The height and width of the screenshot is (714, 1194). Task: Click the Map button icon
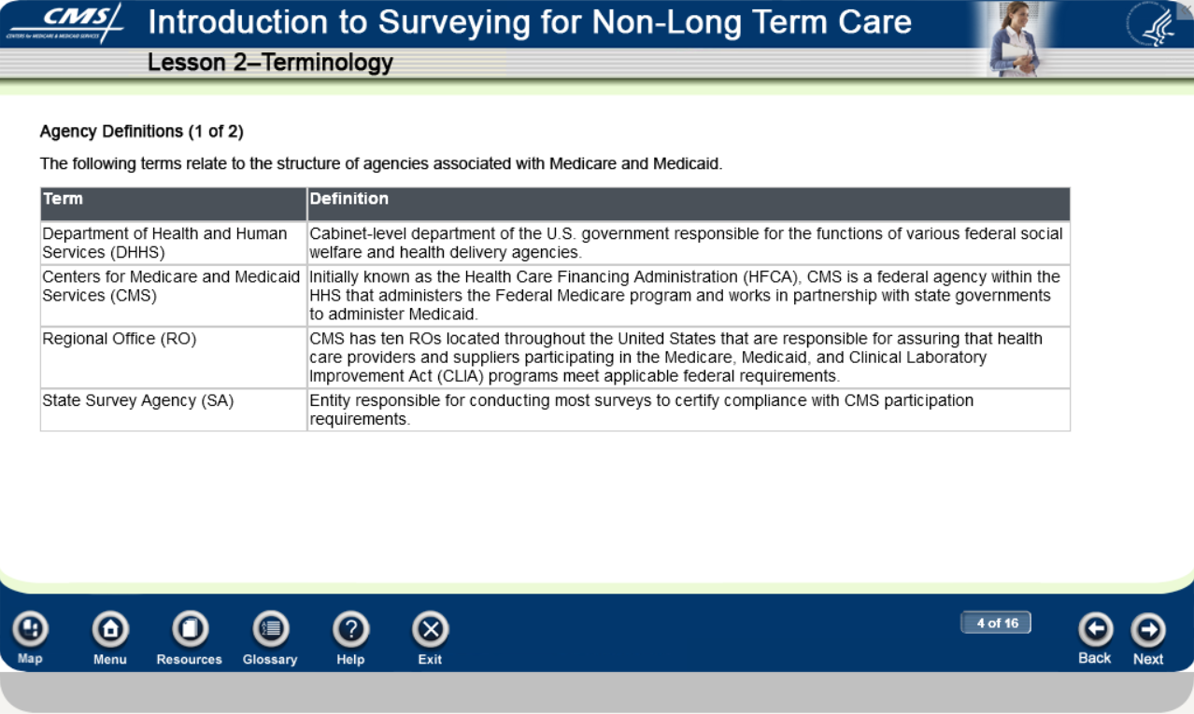(x=31, y=629)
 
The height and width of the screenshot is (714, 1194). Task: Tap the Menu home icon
(x=110, y=629)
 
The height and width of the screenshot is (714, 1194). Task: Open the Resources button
(x=190, y=629)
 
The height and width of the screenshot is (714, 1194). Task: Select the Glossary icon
(x=270, y=629)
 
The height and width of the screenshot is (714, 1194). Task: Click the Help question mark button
(x=350, y=629)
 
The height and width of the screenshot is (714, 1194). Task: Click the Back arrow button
(x=1095, y=629)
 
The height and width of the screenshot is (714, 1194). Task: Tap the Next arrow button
(x=1148, y=629)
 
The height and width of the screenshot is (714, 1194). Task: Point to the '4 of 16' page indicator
(x=996, y=623)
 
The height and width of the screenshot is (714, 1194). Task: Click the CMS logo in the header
(x=64, y=23)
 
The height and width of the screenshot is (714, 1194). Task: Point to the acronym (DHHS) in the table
(x=137, y=252)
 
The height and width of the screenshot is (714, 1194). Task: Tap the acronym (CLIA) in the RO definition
(x=460, y=376)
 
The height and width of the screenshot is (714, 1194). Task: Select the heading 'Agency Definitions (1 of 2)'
(x=142, y=132)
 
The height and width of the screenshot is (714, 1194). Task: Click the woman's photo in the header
(x=1014, y=39)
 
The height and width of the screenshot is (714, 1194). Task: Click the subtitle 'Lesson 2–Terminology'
(x=270, y=63)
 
